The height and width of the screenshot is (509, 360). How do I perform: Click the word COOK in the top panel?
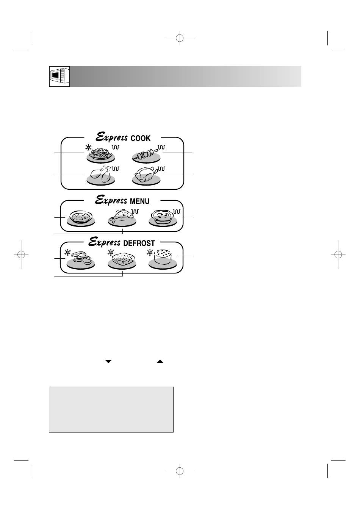[x=140, y=138]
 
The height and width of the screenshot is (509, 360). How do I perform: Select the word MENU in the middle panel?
[x=139, y=201]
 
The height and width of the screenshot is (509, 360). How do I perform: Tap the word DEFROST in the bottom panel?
[x=139, y=243]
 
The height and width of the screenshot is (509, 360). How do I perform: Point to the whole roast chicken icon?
[x=146, y=176]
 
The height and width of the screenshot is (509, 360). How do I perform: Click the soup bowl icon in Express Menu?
[x=81, y=218]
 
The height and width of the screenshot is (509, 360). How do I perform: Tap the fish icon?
[x=122, y=218]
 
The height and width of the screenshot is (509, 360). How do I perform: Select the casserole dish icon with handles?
[x=163, y=218]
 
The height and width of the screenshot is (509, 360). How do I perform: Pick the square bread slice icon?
[x=122, y=261]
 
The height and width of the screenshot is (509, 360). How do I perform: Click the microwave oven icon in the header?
[x=59, y=77]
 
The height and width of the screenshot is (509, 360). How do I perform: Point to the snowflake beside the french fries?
[x=88, y=147]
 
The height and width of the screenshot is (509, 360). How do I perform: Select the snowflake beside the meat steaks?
[x=67, y=252]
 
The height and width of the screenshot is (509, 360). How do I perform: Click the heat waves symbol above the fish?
[x=135, y=212]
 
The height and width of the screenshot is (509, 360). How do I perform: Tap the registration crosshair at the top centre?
[x=180, y=38]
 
